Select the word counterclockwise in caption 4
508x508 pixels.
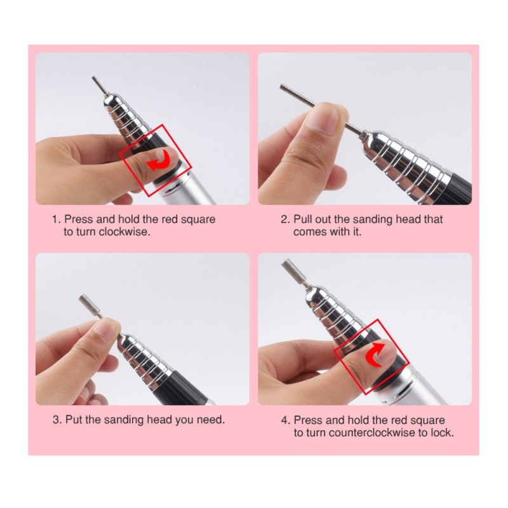coord(369,432)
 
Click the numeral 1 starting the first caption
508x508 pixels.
coord(56,219)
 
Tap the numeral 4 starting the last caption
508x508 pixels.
coord(285,420)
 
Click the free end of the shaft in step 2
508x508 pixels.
coord(281,86)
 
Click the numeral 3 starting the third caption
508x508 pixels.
coord(57,420)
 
